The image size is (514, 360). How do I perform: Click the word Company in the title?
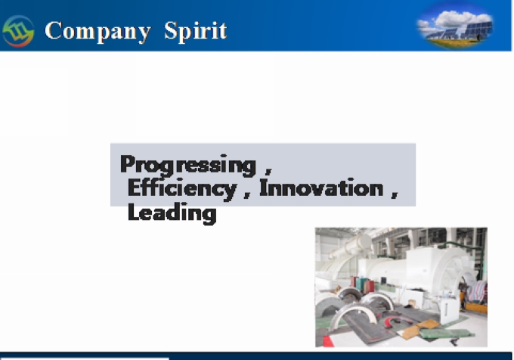click(x=98, y=32)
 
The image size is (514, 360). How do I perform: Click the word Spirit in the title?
click(x=195, y=32)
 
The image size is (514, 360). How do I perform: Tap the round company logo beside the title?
click(x=18, y=31)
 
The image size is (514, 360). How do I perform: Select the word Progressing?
click(x=187, y=165)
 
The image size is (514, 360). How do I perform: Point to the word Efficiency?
click(x=182, y=189)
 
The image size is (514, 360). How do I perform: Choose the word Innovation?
click(x=321, y=188)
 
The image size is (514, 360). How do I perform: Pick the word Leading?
click(x=172, y=213)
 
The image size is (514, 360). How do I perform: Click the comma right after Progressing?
click(x=268, y=170)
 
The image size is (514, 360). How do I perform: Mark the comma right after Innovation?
click(x=395, y=194)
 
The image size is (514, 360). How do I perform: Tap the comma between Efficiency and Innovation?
click(x=247, y=194)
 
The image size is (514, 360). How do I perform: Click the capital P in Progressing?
click(x=128, y=163)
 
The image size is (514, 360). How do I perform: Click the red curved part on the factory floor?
click(x=393, y=322)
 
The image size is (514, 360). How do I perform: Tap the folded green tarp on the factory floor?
click(x=446, y=334)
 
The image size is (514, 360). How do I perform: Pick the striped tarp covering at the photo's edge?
click(x=477, y=291)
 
